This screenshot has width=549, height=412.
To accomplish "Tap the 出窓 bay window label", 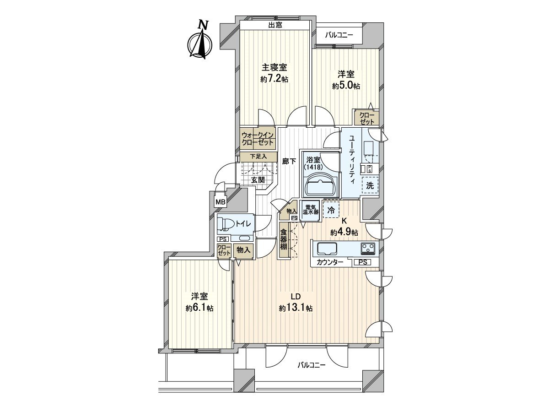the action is (x=275, y=25).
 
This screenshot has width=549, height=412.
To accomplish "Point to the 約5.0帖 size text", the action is (x=346, y=86).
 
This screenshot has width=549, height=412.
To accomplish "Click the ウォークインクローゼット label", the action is (x=258, y=139).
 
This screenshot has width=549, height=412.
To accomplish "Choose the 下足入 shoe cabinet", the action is (x=258, y=157).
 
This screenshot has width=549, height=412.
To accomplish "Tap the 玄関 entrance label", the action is (x=258, y=180).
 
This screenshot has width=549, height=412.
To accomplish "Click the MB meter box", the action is (x=221, y=202).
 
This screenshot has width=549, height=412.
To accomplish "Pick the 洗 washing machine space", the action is (x=370, y=185).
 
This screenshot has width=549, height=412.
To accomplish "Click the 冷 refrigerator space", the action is (x=331, y=210).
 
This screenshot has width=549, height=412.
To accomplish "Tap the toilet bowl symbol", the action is (x=225, y=224).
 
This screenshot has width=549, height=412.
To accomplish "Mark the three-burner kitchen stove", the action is (x=368, y=249).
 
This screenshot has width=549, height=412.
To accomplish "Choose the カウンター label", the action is (x=330, y=262).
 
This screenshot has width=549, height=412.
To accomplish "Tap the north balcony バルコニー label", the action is (x=339, y=35).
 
